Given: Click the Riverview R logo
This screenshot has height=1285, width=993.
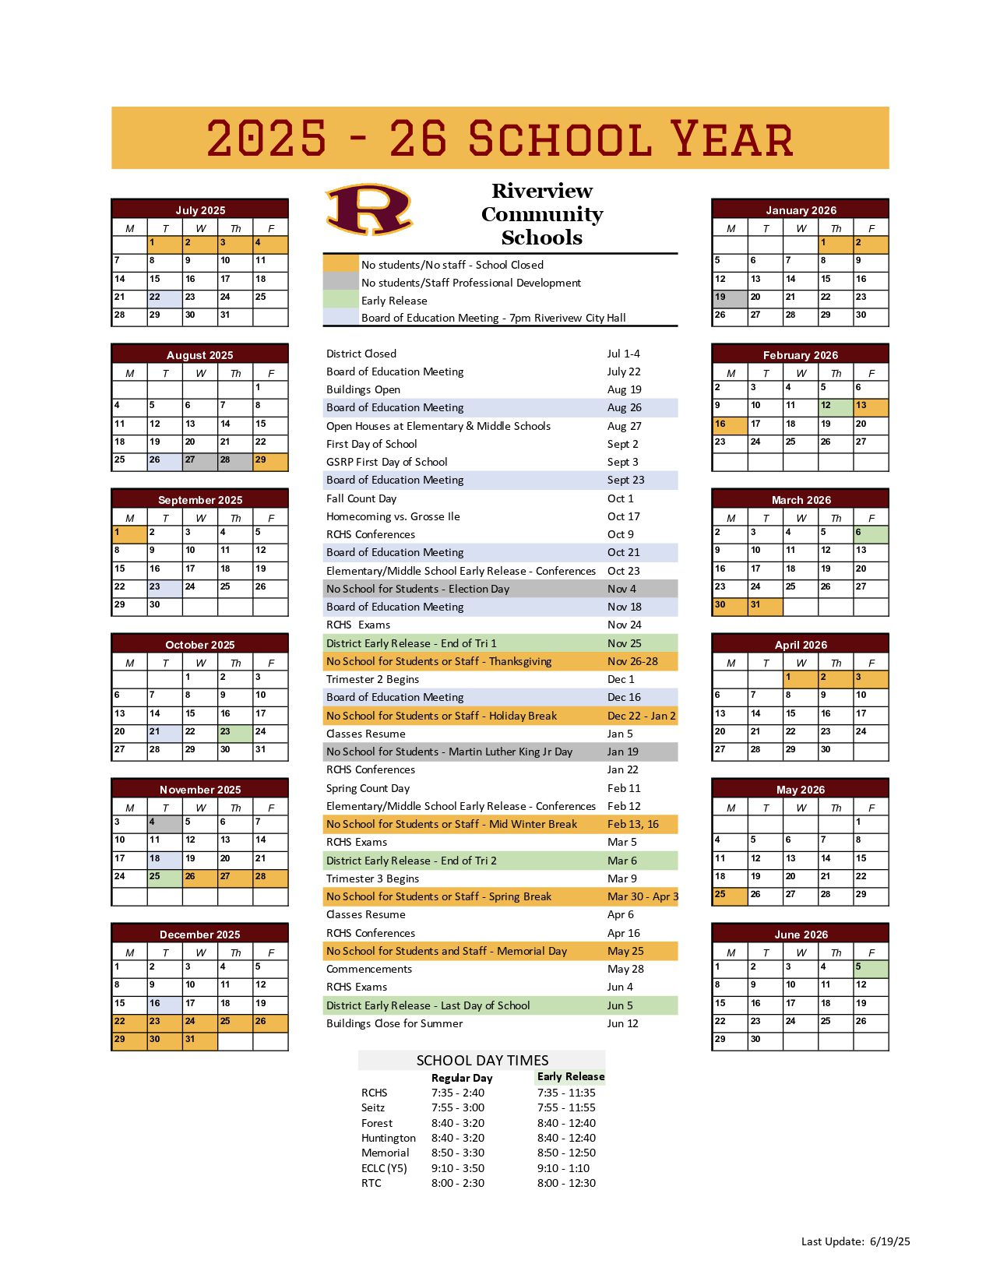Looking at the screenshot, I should coord(369,209).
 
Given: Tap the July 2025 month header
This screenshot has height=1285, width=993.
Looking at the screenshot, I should coord(200,209).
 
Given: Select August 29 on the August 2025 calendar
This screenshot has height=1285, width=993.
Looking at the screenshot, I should coord(270,461).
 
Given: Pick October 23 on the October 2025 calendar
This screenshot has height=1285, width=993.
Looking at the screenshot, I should coord(235,733).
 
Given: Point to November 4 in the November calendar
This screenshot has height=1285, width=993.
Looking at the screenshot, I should coord(164,823).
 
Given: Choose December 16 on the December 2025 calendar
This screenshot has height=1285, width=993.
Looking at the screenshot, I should coord(164,1005).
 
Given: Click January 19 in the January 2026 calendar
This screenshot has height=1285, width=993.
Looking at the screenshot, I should coord(730,298).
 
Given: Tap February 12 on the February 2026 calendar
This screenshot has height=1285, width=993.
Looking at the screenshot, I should coord(836,407).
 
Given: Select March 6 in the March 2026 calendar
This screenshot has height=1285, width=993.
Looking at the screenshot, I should coord(871,534).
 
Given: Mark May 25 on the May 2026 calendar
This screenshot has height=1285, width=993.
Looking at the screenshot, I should coord(730,896).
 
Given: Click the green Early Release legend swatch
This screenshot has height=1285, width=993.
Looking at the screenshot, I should coord(340,300).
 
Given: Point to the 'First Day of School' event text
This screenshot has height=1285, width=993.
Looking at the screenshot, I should coord(371,444).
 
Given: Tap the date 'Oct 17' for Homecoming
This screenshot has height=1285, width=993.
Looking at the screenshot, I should coord(623,516).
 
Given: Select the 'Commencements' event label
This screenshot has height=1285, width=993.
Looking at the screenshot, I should coord(369,969).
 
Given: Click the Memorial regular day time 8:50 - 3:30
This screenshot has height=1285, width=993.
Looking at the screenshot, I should coord(458,1153).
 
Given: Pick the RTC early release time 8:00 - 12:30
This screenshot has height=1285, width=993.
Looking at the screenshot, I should coord(566,1183).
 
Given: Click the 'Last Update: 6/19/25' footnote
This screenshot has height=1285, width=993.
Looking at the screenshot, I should coord(855,1241).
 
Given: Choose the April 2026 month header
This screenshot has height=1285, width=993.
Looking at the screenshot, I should coord(801,644).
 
